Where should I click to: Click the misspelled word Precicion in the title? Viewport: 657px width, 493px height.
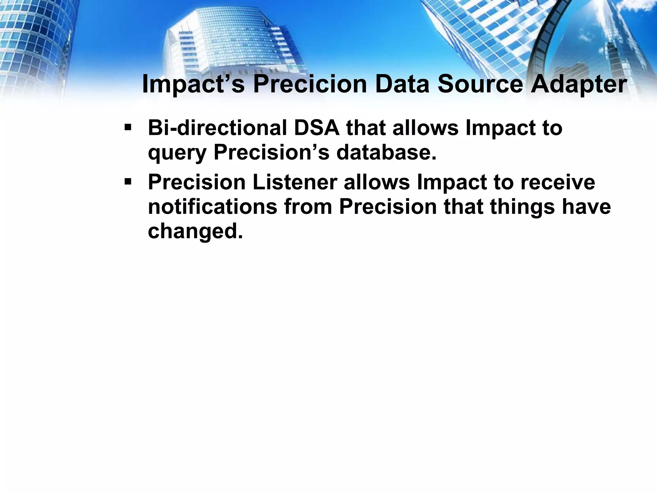[310, 84]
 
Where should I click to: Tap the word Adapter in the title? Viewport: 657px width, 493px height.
[578, 84]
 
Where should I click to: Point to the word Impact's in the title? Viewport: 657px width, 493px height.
[193, 84]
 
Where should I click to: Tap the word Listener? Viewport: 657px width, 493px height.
[294, 182]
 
